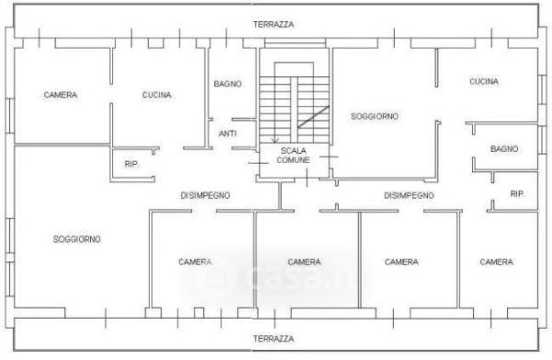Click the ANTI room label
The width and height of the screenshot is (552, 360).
[x=227, y=134]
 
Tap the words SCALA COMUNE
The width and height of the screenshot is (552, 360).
[x=293, y=156]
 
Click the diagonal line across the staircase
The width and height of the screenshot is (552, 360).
[x=314, y=117]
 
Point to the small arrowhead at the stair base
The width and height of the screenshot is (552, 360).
[x=274, y=140]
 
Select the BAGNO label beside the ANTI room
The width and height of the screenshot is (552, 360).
[x=228, y=84]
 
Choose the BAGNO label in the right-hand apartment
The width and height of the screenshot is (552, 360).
[x=504, y=149]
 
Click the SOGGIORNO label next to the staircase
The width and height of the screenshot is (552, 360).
[x=374, y=116]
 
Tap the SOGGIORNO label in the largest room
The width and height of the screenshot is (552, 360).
[x=76, y=239]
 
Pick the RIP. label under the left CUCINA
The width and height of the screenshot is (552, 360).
[x=132, y=164]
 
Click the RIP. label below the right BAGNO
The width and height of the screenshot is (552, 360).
[x=517, y=193]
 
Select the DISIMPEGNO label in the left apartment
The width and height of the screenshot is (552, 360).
[x=205, y=195]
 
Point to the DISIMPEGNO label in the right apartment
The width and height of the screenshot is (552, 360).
[x=408, y=195]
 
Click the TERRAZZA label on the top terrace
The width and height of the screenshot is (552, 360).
[x=273, y=25]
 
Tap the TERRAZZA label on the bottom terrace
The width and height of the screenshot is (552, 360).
[x=273, y=339]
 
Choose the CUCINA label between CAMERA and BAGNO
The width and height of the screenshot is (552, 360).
[x=156, y=95]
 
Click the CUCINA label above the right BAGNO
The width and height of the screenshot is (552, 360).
[x=484, y=82]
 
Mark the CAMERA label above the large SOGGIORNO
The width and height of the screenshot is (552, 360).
[x=60, y=95]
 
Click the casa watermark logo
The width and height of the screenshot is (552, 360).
[x=274, y=274]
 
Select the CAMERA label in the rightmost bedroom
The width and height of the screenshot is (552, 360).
[x=497, y=262]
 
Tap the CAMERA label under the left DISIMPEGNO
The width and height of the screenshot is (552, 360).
[x=195, y=262]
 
